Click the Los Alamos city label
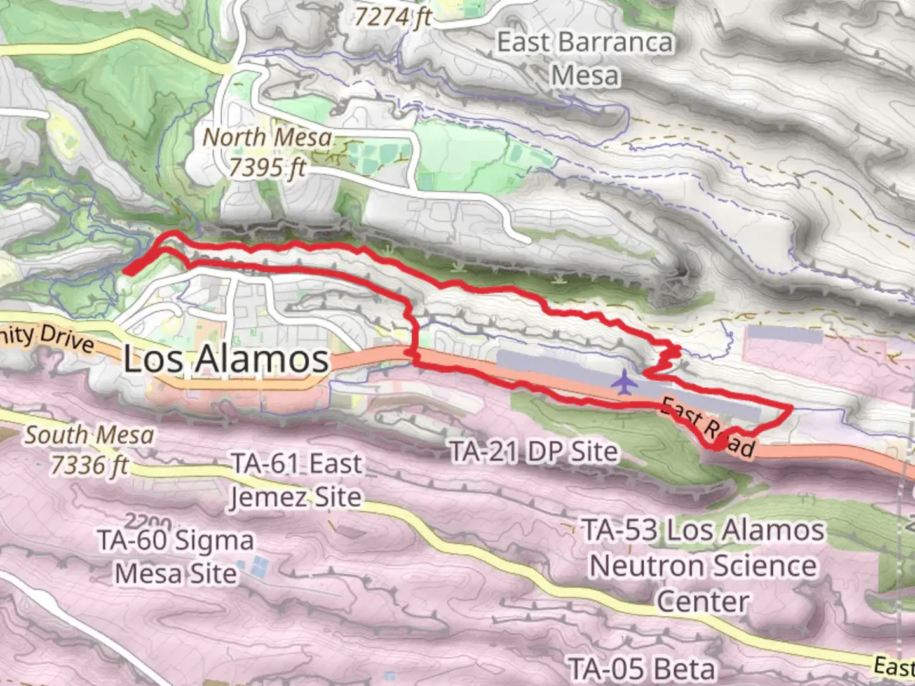coord(226,359)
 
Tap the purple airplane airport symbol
coord(626,382)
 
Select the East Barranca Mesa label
coord(585,58)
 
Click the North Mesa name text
coord(267,137)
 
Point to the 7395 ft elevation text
coord(267,168)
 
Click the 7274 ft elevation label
coord(393,17)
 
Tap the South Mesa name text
coord(89,435)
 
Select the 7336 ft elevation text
coord(89,466)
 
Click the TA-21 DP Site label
coord(534,452)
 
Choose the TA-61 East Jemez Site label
coord(296,480)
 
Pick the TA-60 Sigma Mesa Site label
coord(176,557)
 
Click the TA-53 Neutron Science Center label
coord(703,565)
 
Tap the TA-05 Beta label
coord(642,669)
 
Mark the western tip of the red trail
coord(126,272)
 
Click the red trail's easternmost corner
coord(792,407)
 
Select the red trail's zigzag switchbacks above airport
coord(667,359)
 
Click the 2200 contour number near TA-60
coord(147,522)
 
